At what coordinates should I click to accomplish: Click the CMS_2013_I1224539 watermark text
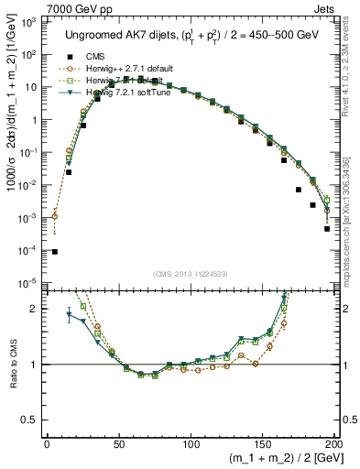click(190, 272)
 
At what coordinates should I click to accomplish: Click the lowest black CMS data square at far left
click(54, 252)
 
